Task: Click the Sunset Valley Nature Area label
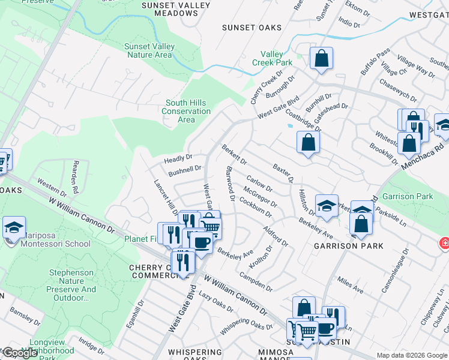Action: pos(149,50)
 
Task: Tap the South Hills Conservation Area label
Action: pos(187,111)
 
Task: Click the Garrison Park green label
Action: pos(416,196)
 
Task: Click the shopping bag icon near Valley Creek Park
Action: pos(322,59)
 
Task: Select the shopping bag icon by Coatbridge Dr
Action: pos(308,143)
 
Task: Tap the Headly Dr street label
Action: pos(178,159)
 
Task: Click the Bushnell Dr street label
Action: pos(184,172)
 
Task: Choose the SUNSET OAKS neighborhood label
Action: pos(247,28)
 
